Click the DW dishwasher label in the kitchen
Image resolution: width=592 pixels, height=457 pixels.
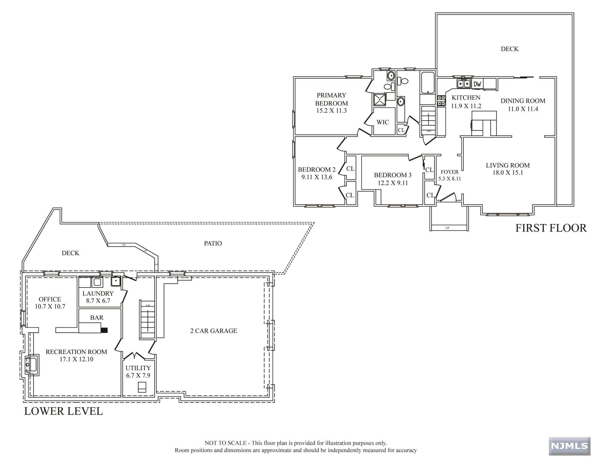click(478, 84)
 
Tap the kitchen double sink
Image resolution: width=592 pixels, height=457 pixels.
click(464, 84)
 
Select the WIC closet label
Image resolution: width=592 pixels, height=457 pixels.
click(383, 122)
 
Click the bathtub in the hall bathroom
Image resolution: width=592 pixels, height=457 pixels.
click(428, 83)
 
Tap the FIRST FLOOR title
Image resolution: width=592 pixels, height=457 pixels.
click(551, 228)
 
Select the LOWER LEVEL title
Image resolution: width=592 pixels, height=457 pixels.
click(64, 411)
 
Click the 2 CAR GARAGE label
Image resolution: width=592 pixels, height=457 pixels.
click(214, 331)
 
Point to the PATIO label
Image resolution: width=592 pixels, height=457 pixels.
click(213, 243)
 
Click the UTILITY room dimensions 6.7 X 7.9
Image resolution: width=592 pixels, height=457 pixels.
click(138, 376)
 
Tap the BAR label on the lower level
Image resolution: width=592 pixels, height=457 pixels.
click(97, 318)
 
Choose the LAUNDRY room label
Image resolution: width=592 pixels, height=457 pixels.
click(98, 294)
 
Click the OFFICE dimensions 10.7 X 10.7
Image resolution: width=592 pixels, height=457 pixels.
click(50, 307)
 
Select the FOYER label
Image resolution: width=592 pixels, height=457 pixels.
click(449, 172)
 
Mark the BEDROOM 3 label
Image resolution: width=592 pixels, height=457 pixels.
click(393, 175)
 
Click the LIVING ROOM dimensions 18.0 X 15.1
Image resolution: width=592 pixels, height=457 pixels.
click(508, 173)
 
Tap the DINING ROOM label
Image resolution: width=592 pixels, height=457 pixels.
click(523, 101)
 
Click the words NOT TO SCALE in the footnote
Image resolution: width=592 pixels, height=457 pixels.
click(225, 443)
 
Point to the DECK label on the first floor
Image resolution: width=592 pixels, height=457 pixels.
click(510, 49)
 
